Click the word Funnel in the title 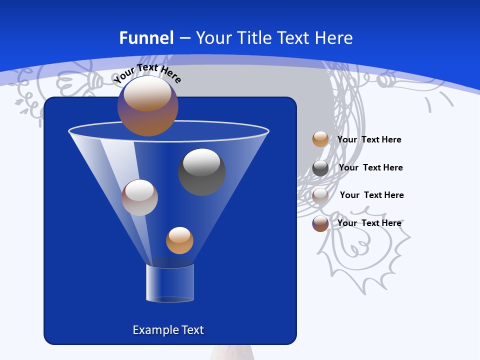coord(146,38)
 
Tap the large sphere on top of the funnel coord(148,105)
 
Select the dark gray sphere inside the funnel coord(201,172)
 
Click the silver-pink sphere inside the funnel coord(139,197)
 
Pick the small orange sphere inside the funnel coord(179,240)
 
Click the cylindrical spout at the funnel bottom coord(170,282)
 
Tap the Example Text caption coord(168,330)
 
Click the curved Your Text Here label coord(147,73)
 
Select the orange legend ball coord(320,139)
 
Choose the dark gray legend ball coord(320,168)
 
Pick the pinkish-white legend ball coord(320,195)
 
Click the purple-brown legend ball coord(320,223)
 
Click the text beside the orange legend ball coord(369,139)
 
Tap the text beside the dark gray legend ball coord(370,167)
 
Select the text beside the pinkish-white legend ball coord(371,195)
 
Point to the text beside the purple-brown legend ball coord(369,223)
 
